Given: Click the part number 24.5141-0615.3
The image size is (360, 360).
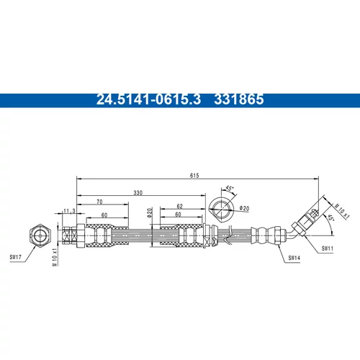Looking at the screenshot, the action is pos(148,99).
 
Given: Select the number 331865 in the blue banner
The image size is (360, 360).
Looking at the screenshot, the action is pos(239,99).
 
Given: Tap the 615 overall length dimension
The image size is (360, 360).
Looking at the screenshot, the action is pos(194,176).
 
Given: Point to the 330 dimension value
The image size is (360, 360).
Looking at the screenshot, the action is pos(138,193).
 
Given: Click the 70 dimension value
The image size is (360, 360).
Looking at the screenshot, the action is pos(99,202).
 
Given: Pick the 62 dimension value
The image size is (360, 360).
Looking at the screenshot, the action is pos(179,206).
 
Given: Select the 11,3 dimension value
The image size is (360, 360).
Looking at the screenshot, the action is pos(69,211).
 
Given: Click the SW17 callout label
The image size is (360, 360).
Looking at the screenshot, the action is pos(15,257).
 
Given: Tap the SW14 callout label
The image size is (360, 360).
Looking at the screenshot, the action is pos(294,258).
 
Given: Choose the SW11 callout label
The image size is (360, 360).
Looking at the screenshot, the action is pos(328,248).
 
